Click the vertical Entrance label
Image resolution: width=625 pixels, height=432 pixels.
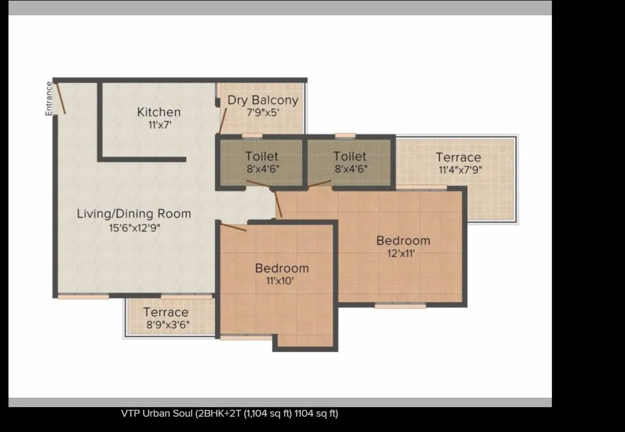(49, 99)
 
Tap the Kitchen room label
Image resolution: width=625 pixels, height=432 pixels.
(159, 112)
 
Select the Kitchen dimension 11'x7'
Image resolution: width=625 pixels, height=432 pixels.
(159, 125)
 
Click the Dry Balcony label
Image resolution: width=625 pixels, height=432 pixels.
(263, 100)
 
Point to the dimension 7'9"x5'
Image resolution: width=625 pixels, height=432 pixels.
(263, 113)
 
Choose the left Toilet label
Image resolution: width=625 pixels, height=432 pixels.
(262, 157)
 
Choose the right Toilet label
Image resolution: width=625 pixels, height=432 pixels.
(350, 157)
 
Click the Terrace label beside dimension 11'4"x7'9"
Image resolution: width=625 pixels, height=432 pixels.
(458, 158)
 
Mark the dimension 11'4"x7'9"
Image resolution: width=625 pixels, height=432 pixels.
(460, 170)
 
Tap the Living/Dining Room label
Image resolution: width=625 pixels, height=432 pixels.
(134, 214)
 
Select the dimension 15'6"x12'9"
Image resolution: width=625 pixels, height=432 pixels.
(135, 228)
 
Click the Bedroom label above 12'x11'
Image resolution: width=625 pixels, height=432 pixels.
(403, 241)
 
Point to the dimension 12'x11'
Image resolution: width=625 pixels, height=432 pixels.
(401, 253)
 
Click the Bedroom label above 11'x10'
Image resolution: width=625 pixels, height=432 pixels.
(282, 268)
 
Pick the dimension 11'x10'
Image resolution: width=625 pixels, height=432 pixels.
(280, 281)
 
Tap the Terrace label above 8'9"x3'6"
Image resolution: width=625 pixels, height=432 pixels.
(166, 312)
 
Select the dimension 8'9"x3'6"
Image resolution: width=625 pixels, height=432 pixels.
(168, 325)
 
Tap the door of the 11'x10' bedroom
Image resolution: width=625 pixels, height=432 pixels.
(234, 227)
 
